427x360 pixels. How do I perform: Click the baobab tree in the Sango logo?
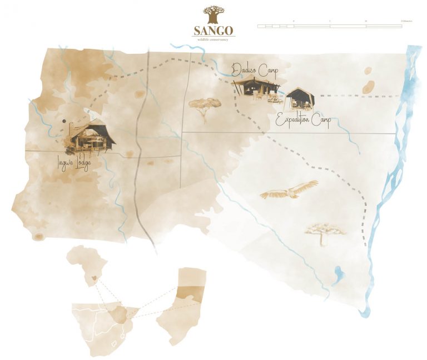213,14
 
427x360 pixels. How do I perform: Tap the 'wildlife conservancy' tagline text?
213,39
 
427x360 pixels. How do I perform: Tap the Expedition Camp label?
303,121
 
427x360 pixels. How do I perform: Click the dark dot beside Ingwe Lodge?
64,121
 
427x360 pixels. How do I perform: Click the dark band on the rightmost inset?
186,294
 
